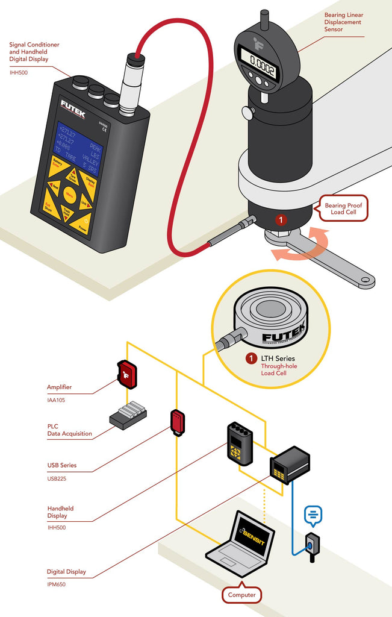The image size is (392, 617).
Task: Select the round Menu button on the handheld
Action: tap(69, 194)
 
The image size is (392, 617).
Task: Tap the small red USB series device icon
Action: tap(177, 422)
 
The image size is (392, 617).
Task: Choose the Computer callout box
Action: tap(241, 595)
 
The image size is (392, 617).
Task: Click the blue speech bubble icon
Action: tap(313, 514)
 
